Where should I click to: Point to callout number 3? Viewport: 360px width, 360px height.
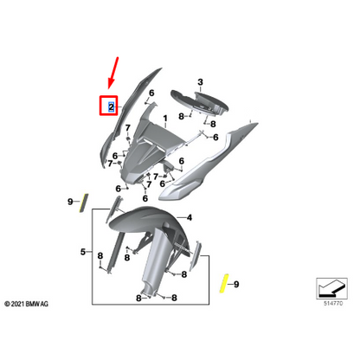[x=201, y=83]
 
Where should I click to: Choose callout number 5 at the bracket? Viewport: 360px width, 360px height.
[x=83, y=254]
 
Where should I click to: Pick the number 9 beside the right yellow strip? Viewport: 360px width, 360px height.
[x=239, y=284]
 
